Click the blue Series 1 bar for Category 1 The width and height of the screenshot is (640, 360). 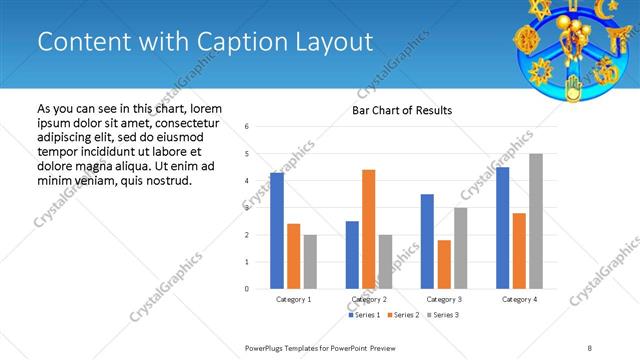tap(277, 231)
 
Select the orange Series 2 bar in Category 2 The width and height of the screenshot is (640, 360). tap(368, 229)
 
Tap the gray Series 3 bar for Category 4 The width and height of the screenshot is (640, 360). tap(536, 221)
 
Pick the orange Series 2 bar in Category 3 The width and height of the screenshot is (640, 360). tap(444, 264)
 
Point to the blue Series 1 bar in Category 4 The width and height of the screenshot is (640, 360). tap(502, 228)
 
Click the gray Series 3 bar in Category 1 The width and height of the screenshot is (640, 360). tap(310, 262)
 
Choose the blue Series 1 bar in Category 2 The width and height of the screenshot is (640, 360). tap(352, 255)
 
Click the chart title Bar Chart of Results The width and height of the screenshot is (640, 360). tap(402, 110)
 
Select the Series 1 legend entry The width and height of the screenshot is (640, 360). tap(365, 315)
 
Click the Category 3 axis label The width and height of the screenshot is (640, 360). tap(444, 299)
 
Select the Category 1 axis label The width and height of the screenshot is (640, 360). tap(294, 299)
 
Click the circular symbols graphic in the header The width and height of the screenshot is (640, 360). tap(577, 46)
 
